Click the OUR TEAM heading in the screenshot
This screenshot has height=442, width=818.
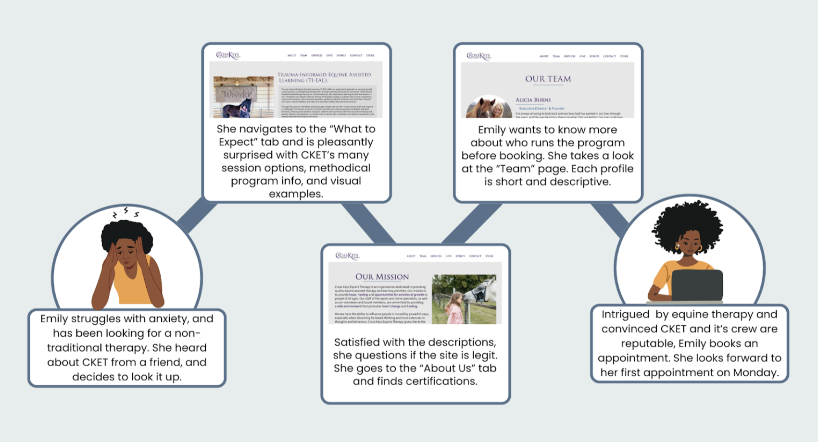pyautogui.click(x=548, y=79)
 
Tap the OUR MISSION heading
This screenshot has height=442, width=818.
pyautogui.click(x=382, y=277)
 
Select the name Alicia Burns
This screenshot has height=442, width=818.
pyautogui.click(x=533, y=100)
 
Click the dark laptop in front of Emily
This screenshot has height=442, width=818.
pyautogui.click(x=697, y=285)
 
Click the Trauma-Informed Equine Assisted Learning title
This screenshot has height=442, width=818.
pyautogui.click(x=324, y=77)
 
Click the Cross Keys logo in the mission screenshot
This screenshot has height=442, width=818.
pyautogui.click(x=347, y=256)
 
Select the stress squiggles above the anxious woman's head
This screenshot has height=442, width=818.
pyautogui.click(x=126, y=212)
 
